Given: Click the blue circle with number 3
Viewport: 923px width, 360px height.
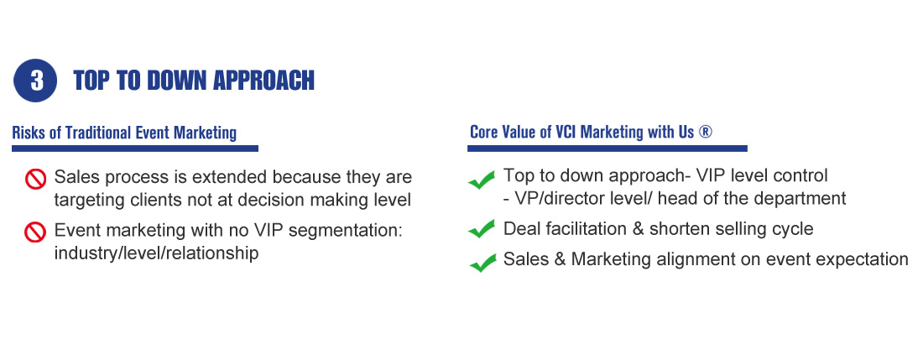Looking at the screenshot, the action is click(x=35, y=81).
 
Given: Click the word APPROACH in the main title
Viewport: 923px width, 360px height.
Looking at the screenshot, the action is click(x=263, y=81).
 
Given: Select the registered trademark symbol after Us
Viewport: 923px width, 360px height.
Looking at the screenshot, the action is click(x=705, y=132).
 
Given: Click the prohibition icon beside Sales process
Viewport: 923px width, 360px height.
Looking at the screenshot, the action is click(x=35, y=179).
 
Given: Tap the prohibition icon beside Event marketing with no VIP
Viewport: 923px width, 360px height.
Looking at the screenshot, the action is click(x=35, y=232).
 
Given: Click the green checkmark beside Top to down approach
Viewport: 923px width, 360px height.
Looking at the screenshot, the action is click(x=482, y=180).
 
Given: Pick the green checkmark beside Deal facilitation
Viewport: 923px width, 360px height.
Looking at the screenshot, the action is click(x=482, y=228).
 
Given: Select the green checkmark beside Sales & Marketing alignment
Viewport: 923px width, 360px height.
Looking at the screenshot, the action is click(x=482, y=262).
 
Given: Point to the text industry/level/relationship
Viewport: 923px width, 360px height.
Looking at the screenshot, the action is click(x=157, y=253).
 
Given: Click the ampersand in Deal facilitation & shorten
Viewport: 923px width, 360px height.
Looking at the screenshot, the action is click(x=638, y=228).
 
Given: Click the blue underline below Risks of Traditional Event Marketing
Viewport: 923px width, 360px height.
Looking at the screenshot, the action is click(x=135, y=149).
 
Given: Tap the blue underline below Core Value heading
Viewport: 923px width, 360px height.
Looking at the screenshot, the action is click(x=608, y=149).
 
